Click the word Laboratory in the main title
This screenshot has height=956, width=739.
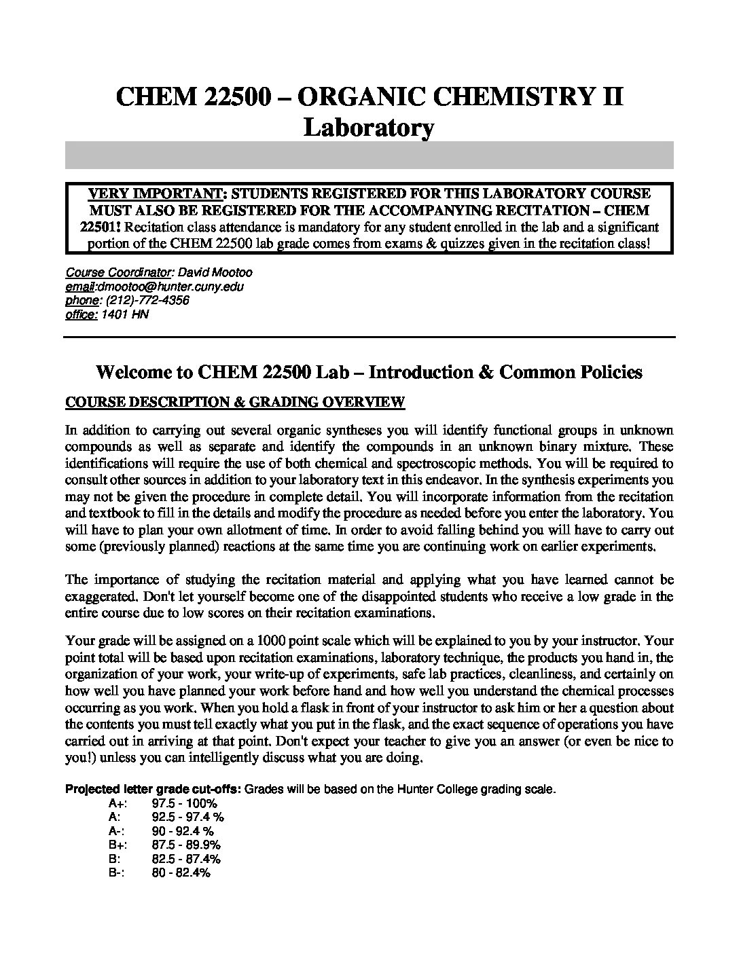pos(368,127)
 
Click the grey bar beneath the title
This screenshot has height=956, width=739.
pos(369,155)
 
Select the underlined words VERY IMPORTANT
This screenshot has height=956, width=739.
pos(156,194)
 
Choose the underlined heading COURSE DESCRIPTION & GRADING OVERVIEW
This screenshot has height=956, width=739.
pos(235,402)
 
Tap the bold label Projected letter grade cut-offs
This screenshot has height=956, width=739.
pos(153,790)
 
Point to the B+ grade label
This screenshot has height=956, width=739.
pos(116,845)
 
